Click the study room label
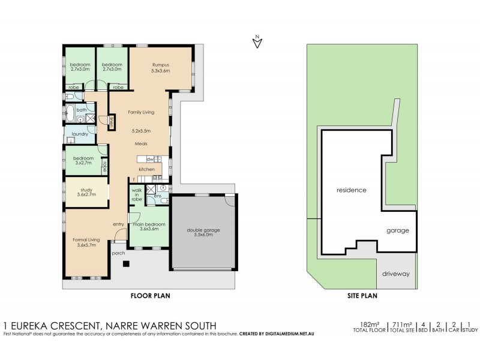86,191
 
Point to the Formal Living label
86,242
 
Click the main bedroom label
149,226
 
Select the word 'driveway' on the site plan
395,274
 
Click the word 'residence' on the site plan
351,190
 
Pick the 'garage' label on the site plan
397,230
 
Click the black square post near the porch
125,263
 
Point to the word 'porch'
118,253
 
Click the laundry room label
80,134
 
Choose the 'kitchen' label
147,170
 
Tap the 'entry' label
118,224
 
